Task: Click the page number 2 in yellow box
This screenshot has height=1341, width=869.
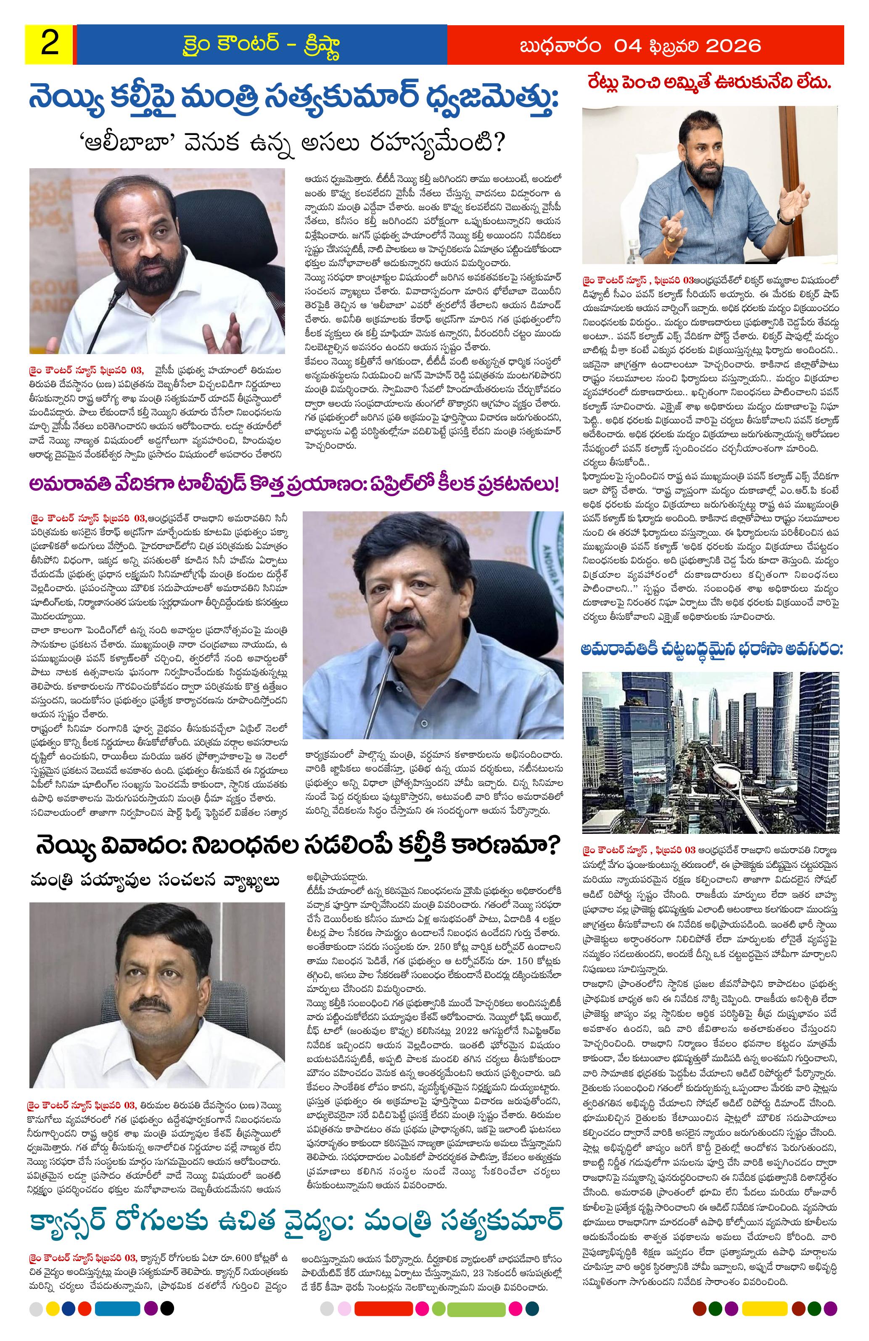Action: pos(50,44)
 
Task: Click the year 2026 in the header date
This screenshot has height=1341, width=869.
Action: pos(732,45)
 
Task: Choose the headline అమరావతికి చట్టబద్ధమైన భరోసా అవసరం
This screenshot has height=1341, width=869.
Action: pos(711,650)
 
